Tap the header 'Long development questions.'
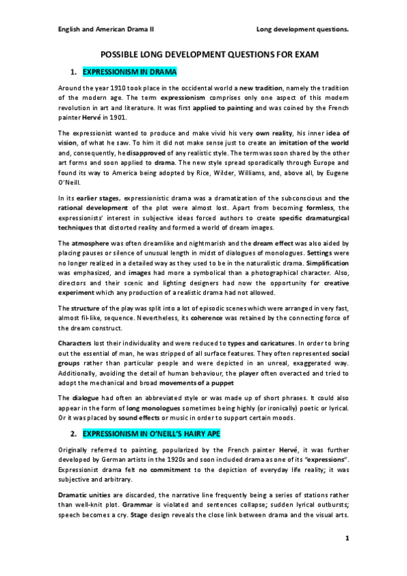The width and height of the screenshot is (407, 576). click(x=302, y=29)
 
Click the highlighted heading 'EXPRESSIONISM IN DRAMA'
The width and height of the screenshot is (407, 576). click(x=128, y=71)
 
